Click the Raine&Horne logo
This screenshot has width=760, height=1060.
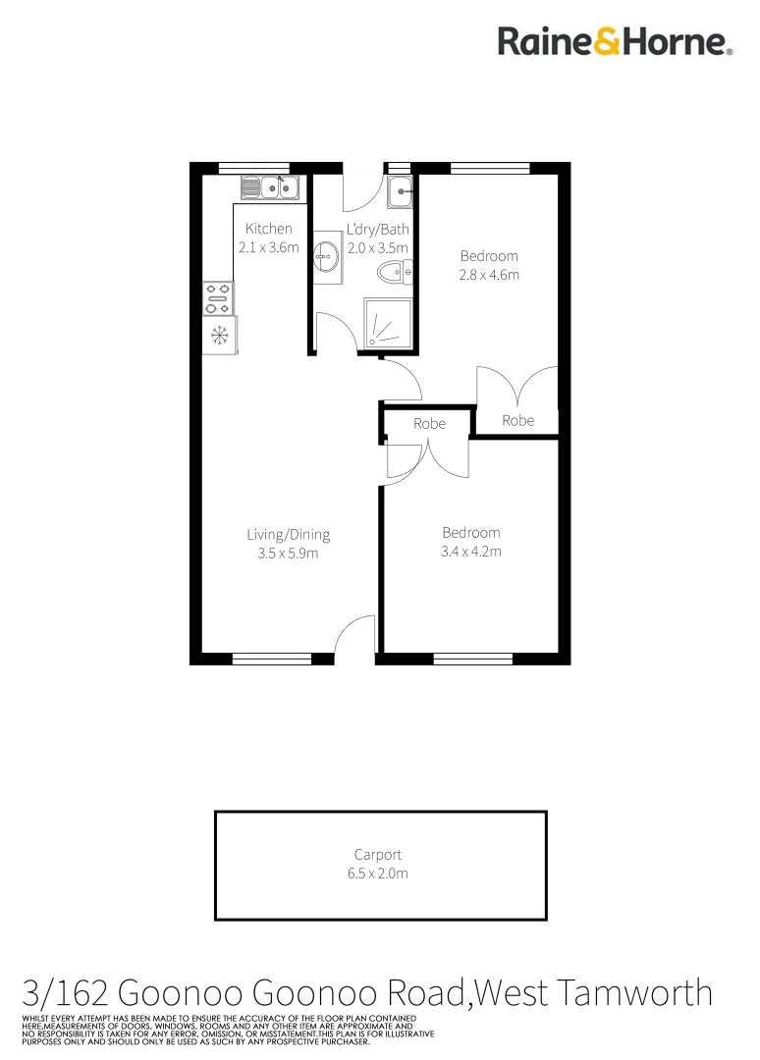point(615,41)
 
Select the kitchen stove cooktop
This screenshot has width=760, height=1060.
point(217,298)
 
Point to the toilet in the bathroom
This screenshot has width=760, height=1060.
point(394,272)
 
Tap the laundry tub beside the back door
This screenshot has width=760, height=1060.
point(400,193)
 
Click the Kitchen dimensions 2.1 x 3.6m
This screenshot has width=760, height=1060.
point(268,248)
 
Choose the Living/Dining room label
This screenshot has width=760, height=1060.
point(288,535)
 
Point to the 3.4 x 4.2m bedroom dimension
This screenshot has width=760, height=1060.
point(471,552)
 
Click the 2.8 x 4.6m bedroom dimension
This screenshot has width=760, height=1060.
point(489,275)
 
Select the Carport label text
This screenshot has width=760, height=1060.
point(378,855)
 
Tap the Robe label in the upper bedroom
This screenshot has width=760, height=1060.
point(518,420)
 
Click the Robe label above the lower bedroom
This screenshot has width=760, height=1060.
point(429,424)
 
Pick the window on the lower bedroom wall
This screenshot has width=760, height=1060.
point(472,659)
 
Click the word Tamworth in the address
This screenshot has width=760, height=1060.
point(644,992)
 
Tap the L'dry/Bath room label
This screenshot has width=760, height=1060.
point(377,230)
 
